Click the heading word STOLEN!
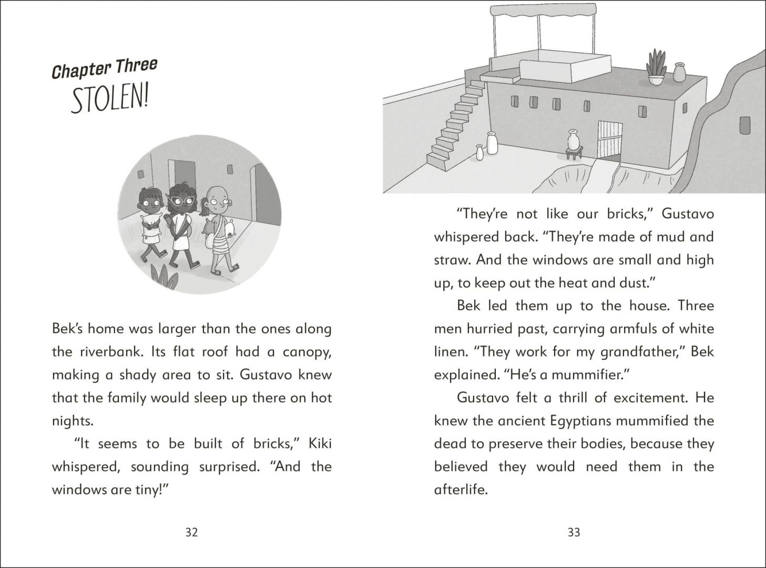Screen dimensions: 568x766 coord(109,99)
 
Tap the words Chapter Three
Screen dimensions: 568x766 coord(105,69)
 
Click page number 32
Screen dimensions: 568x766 coord(191,532)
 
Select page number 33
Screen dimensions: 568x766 coord(574,532)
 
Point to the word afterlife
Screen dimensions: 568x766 coord(461,490)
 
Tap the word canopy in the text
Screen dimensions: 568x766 coord(307,351)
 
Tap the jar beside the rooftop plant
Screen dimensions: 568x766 coord(680,73)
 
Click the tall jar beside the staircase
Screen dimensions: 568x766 coord(492,143)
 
